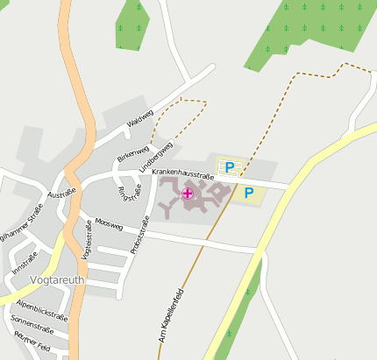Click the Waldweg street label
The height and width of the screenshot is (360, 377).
click(x=140, y=118)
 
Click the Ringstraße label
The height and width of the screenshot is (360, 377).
click(x=124, y=192)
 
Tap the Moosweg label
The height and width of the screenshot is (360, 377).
click(x=109, y=224)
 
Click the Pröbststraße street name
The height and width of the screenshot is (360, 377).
click(x=140, y=236)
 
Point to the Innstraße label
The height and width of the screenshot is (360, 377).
click(x=25, y=262)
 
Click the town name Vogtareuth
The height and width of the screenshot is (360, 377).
click(x=57, y=280)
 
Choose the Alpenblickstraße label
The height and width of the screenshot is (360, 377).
click(x=42, y=309)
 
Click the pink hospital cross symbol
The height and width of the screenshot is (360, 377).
click(x=188, y=193)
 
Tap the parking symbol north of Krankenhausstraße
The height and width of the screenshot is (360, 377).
click(x=230, y=166)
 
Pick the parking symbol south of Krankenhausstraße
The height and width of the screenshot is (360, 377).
click(x=248, y=192)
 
